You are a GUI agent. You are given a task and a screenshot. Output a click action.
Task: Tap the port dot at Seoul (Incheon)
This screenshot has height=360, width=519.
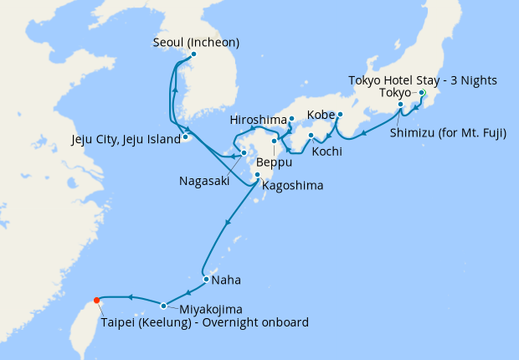(194, 55)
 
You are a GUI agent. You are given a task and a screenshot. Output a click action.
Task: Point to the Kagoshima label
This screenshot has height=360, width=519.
(293, 185)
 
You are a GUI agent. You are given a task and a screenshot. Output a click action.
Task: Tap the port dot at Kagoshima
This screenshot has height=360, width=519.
(257, 175)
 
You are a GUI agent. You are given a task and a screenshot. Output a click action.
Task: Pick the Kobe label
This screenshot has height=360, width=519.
(322, 113)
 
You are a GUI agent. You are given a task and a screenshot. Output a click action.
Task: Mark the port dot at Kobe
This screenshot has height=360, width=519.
(341, 114)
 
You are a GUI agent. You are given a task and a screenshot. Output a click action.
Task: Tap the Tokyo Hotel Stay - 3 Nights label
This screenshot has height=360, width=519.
(423, 80)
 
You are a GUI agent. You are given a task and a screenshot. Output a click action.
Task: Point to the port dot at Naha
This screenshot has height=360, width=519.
(205, 280)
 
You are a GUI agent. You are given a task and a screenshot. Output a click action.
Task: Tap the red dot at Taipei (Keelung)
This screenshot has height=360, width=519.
(97, 301)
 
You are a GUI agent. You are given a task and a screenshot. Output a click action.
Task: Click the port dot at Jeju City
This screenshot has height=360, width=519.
(184, 136)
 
